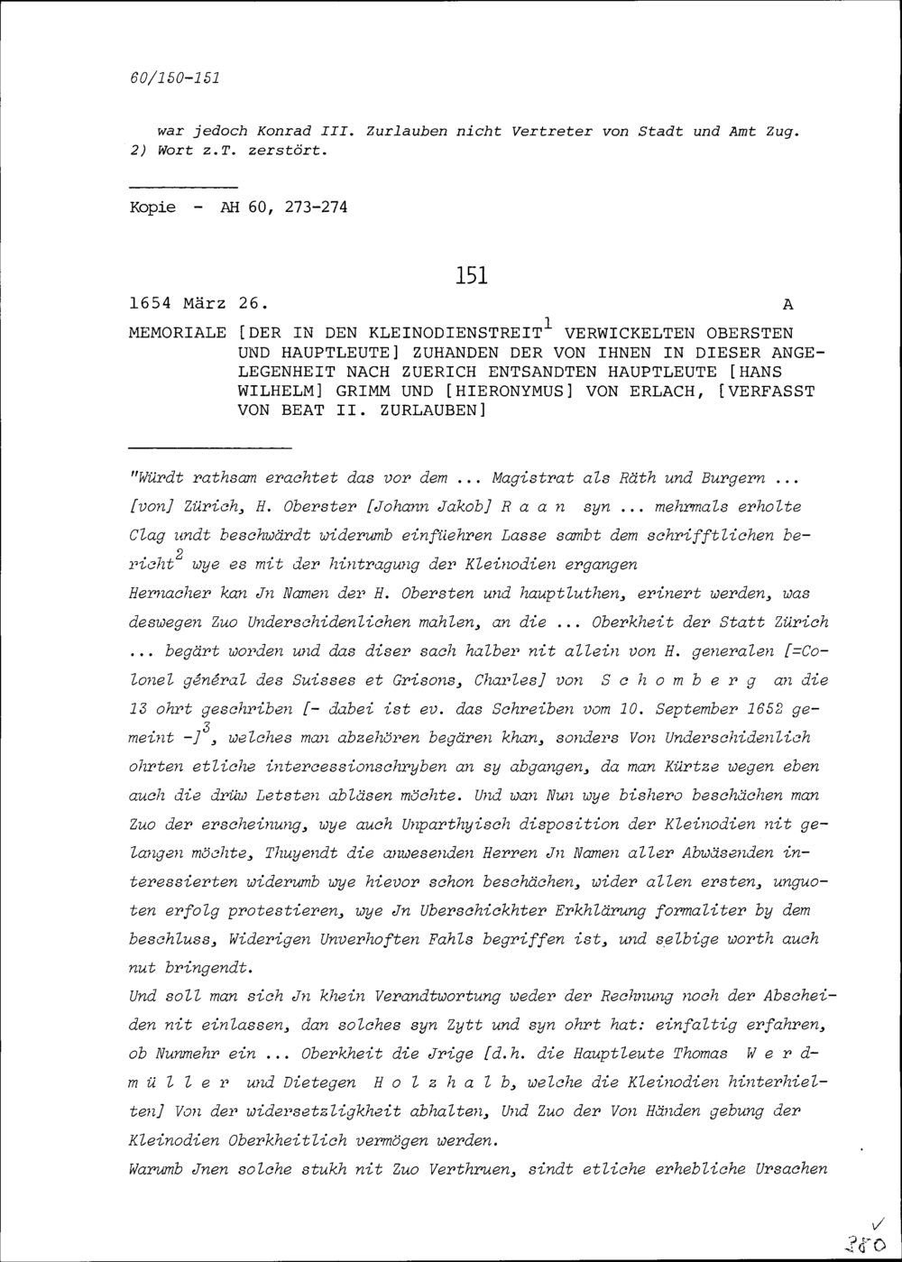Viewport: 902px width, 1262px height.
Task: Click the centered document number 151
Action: tap(472, 275)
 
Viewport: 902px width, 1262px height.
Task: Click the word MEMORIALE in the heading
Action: tap(178, 332)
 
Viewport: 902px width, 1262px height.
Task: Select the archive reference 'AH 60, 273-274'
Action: tap(283, 207)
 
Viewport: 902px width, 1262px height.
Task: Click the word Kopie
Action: tap(152, 207)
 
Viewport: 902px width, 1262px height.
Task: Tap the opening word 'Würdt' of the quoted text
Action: tap(159, 477)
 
